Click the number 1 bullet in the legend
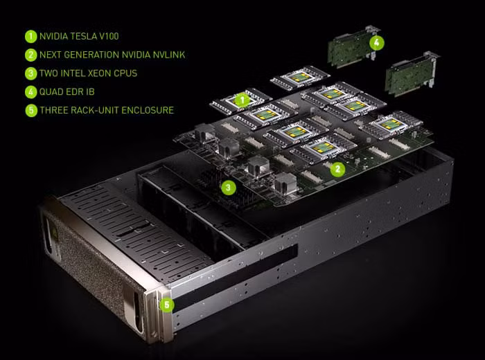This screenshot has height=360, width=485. click(x=30, y=36)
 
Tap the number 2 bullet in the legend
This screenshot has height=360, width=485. click(x=30, y=55)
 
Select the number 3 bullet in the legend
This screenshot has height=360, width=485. click(x=30, y=73)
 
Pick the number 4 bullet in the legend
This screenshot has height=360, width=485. click(x=30, y=92)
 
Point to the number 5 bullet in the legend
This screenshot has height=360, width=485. click(x=31, y=111)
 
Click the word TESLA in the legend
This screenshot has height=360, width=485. click(x=83, y=36)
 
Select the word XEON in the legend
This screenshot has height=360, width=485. click(x=100, y=73)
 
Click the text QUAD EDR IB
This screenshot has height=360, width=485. click(x=67, y=92)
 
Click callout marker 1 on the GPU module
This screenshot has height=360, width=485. click(x=242, y=100)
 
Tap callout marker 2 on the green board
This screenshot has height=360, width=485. click(x=337, y=169)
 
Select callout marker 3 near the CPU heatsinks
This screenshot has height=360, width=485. click(x=228, y=187)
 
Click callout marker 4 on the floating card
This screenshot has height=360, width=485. click(x=377, y=43)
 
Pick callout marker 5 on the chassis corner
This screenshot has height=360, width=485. click(x=167, y=305)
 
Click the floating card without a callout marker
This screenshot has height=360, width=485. click(x=412, y=74)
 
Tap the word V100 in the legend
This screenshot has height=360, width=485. click(x=109, y=36)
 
